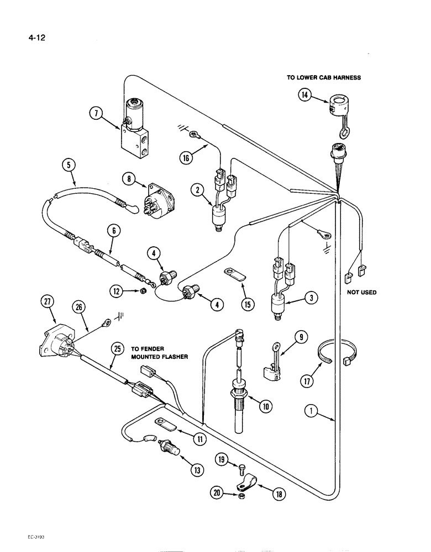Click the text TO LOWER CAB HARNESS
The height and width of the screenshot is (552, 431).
click(x=323, y=78)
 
